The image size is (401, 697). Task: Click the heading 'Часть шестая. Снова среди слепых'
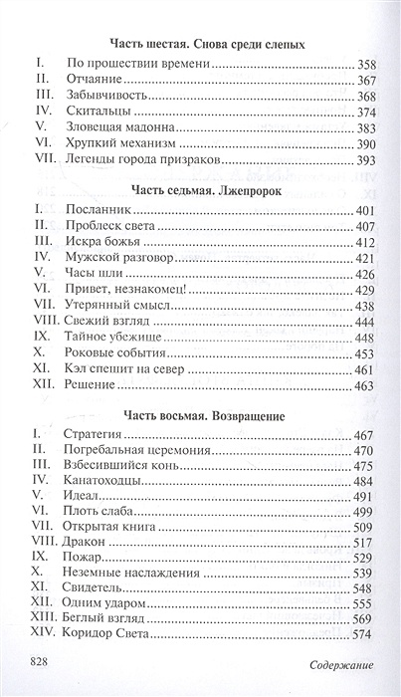click(x=208, y=45)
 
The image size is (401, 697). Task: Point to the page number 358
click(x=366, y=64)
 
